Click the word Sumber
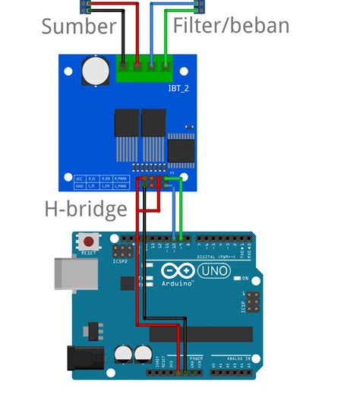(78, 27)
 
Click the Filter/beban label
(231, 27)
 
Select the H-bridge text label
(85, 209)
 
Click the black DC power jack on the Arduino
(86, 359)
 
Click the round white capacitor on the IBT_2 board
(96, 70)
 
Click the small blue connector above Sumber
(85, 7)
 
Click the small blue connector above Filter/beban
(200, 7)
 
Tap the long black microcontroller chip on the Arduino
(199, 334)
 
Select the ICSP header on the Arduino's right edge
(250, 302)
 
